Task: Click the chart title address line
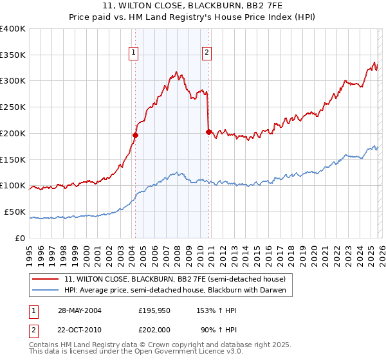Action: (193, 6)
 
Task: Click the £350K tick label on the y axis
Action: (13, 55)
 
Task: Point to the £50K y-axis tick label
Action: (15, 212)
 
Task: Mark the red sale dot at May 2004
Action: (136, 135)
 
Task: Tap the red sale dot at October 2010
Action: (208, 132)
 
